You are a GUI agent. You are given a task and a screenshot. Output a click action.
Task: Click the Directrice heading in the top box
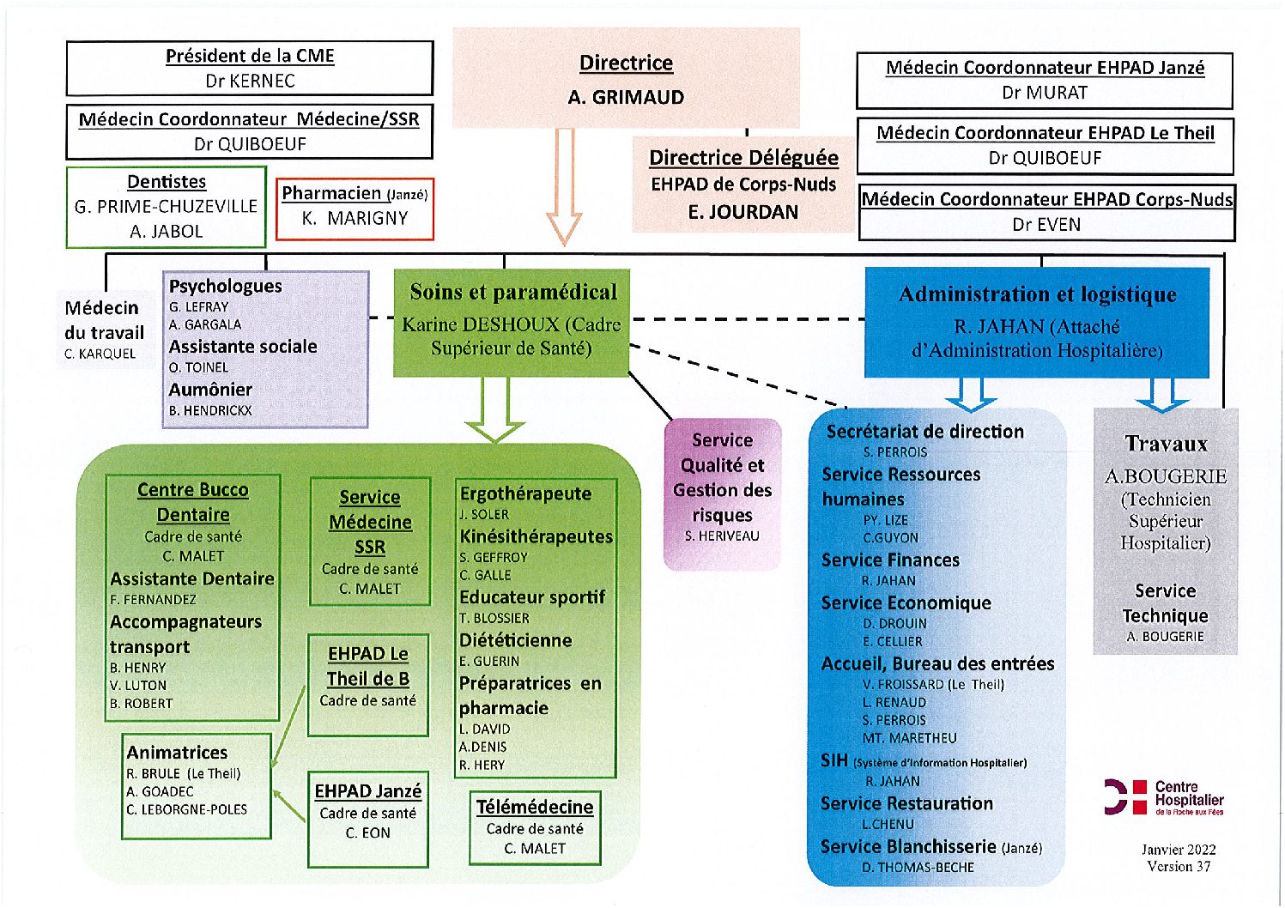click(626, 63)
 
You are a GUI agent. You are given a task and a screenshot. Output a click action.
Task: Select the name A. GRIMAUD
click(626, 97)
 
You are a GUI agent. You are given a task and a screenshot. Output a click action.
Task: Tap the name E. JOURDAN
click(743, 212)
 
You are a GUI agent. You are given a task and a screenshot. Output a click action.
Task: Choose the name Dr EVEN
click(1046, 224)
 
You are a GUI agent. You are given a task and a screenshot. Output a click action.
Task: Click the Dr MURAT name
click(1044, 93)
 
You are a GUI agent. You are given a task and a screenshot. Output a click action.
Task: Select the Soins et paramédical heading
click(513, 292)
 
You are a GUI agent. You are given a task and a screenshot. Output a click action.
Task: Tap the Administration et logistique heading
click(1037, 294)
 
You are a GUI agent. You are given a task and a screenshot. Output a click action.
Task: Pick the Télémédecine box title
click(535, 807)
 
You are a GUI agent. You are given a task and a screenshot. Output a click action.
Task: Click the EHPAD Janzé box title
click(367, 791)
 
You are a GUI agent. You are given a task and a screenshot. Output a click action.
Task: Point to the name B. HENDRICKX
click(210, 411)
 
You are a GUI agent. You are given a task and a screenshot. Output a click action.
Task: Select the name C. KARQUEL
click(100, 354)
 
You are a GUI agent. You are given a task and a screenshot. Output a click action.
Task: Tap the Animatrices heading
click(177, 752)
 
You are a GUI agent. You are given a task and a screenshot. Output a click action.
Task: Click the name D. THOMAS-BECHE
click(918, 868)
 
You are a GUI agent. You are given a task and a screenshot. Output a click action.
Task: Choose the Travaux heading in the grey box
click(1166, 444)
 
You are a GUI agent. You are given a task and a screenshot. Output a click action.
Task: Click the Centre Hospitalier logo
click(1164, 796)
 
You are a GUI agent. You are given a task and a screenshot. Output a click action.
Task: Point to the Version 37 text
click(1179, 866)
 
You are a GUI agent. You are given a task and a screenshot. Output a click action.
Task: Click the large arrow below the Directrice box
click(565, 187)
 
